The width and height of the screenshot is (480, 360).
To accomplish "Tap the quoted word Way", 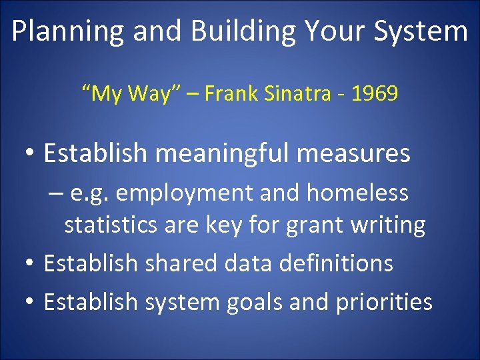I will point(155,94).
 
